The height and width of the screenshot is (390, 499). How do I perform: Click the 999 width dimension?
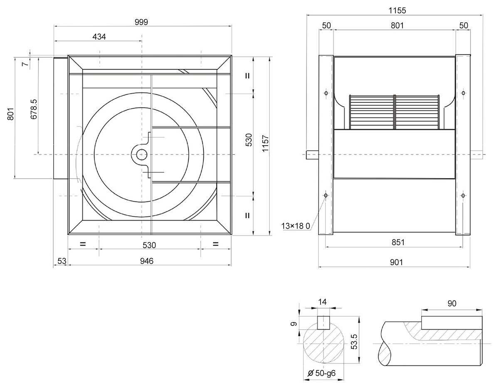pyautogui.click(x=141, y=22)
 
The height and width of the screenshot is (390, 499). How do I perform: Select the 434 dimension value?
pyautogui.click(x=99, y=37)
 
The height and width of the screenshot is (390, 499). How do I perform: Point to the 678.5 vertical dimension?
pyautogui.click(x=34, y=109)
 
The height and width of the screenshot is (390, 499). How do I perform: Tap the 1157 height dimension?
pyautogui.click(x=265, y=144)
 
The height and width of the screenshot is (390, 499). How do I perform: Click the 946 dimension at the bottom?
pyautogui.click(x=147, y=261)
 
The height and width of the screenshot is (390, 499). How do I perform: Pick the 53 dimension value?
pyautogui.click(x=62, y=261)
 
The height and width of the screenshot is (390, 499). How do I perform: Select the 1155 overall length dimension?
pyautogui.click(x=397, y=10)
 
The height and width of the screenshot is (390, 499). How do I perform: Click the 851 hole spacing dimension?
pyautogui.click(x=398, y=242)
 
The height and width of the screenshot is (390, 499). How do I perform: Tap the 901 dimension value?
pyautogui.click(x=396, y=262)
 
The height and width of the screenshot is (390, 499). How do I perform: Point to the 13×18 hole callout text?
pyautogui.click(x=296, y=226)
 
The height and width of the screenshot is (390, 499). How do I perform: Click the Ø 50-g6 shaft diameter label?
pyautogui.click(x=321, y=373)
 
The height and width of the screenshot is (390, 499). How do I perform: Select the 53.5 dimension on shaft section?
pyautogui.click(x=354, y=342)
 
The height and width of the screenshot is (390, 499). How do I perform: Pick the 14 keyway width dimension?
pyautogui.click(x=322, y=302)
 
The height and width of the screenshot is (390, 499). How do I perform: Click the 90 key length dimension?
pyautogui.click(x=452, y=303)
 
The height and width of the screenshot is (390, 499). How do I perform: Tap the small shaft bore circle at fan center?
pyautogui.click(x=142, y=155)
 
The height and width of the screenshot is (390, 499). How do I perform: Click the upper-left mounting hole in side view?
pyautogui.click(x=326, y=93)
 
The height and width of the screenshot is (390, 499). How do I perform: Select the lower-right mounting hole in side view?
pyautogui.click(x=463, y=196)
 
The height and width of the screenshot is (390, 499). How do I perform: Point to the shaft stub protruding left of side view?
pyautogui.click(x=313, y=155)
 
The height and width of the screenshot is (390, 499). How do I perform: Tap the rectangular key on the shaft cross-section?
pyautogui.click(x=324, y=323)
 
